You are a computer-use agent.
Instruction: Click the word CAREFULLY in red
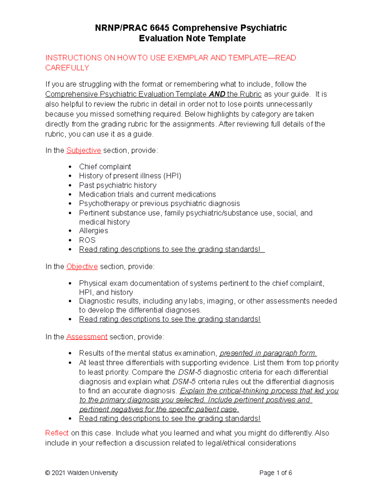click(67, 68)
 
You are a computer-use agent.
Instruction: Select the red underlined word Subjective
click(83, 150)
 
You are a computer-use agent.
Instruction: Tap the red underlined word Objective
click(82, 266)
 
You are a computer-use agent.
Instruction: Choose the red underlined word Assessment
click(87, 337)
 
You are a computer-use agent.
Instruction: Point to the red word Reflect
click(57, 433)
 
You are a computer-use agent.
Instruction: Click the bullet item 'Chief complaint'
click(105, 166)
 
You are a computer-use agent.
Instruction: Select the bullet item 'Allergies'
click(93, 231)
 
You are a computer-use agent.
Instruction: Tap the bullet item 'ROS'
click(87, 240)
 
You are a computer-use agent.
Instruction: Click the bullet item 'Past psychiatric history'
click(118, 185)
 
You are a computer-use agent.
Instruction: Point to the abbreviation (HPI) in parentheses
click(172, 176)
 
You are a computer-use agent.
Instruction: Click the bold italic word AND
click(217, 94)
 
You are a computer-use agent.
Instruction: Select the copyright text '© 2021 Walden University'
click(81, 473)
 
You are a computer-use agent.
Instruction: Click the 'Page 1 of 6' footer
click(276, 473)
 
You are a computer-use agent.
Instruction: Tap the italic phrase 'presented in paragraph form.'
click(268, 353)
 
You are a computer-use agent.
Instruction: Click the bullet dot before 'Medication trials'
click(70, 195)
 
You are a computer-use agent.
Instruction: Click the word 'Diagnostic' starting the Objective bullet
click(96, 301)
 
